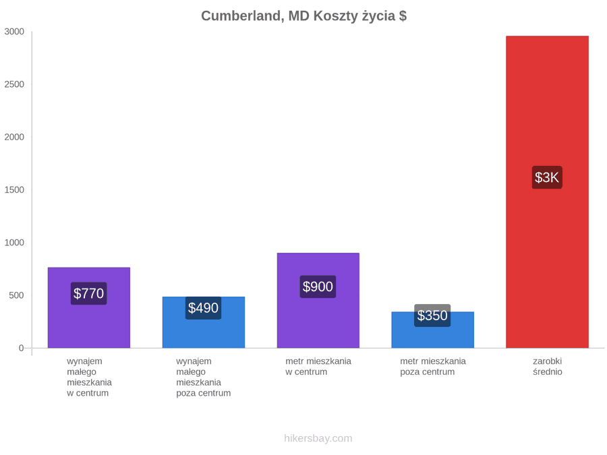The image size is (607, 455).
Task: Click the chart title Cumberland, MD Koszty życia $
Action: click(x=304, y=16)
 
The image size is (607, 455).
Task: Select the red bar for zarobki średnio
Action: click(x=547, y=192)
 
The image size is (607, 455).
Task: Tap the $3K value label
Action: click(x=547, y=177)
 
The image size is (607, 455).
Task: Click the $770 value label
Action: click(x=88, y=293)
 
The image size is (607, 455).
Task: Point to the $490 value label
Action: click(x=203, y=308)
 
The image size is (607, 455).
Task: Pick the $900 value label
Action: click(x=318, y=286)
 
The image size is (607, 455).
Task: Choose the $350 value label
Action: click(x=432, y=315)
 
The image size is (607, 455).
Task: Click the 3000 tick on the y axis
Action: click(x=14, y=32)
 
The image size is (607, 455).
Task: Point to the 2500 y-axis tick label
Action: click(x=14, y=84)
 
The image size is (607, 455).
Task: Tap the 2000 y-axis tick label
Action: click(x=14, y=137)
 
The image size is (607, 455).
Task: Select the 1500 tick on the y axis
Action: click(x=14, y=190)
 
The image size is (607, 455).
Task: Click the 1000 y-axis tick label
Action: click(x=14, y=243)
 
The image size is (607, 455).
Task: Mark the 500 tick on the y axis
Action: click(x=17, y=295)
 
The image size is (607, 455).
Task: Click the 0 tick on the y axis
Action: click(x=22, y=348)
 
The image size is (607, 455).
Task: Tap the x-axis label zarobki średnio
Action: click(x=548, y=367)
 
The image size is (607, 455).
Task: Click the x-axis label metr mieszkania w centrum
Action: click(x=318, y=367)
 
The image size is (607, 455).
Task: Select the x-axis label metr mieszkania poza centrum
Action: click(x=433, y=367)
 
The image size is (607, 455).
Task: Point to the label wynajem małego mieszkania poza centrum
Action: click(x=203, y=377)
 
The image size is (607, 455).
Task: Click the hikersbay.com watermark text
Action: click(x=318, y=438)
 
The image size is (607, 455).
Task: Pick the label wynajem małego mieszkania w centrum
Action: click(x=89, y=377)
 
